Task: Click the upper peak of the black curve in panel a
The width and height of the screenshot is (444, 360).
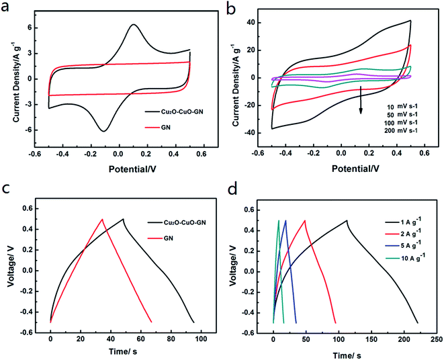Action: (x=134, y=25)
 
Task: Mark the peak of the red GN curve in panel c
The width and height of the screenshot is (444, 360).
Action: (x=102, y=219)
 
